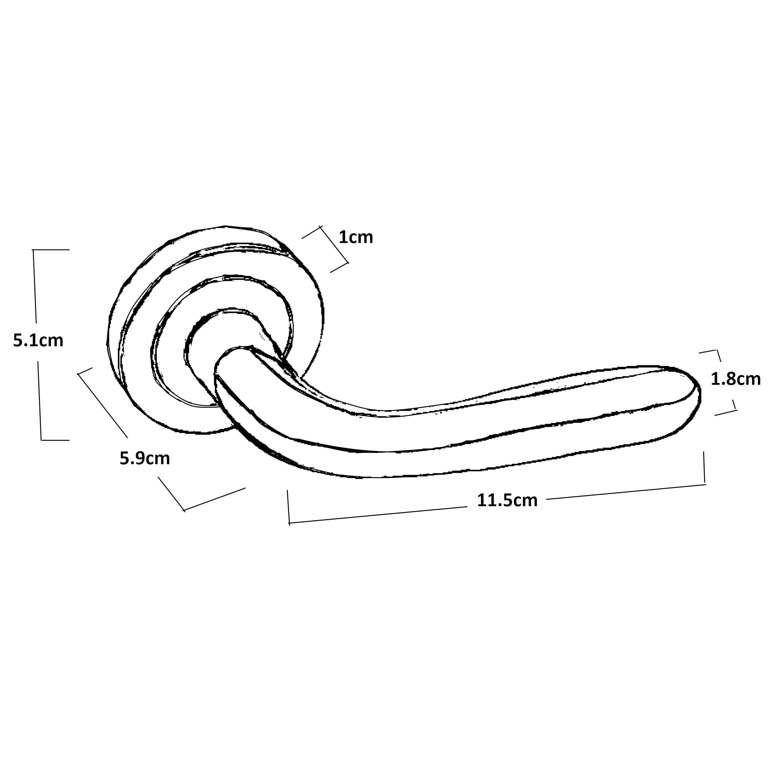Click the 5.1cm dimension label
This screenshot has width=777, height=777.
tap(38, 341)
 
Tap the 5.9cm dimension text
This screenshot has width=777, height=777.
tap(145, 459)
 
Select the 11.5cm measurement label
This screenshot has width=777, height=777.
tap(507, 500)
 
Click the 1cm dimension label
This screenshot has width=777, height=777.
tap(356, 237)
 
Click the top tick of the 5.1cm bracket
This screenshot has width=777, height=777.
tap(51, 250)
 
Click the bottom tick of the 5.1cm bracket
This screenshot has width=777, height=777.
tap(55, 440)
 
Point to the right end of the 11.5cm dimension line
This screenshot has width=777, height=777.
tap(705, 485)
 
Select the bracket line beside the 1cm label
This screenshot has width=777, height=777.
tap(334, 245)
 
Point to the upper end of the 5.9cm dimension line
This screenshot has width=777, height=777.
tap(78, 374)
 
